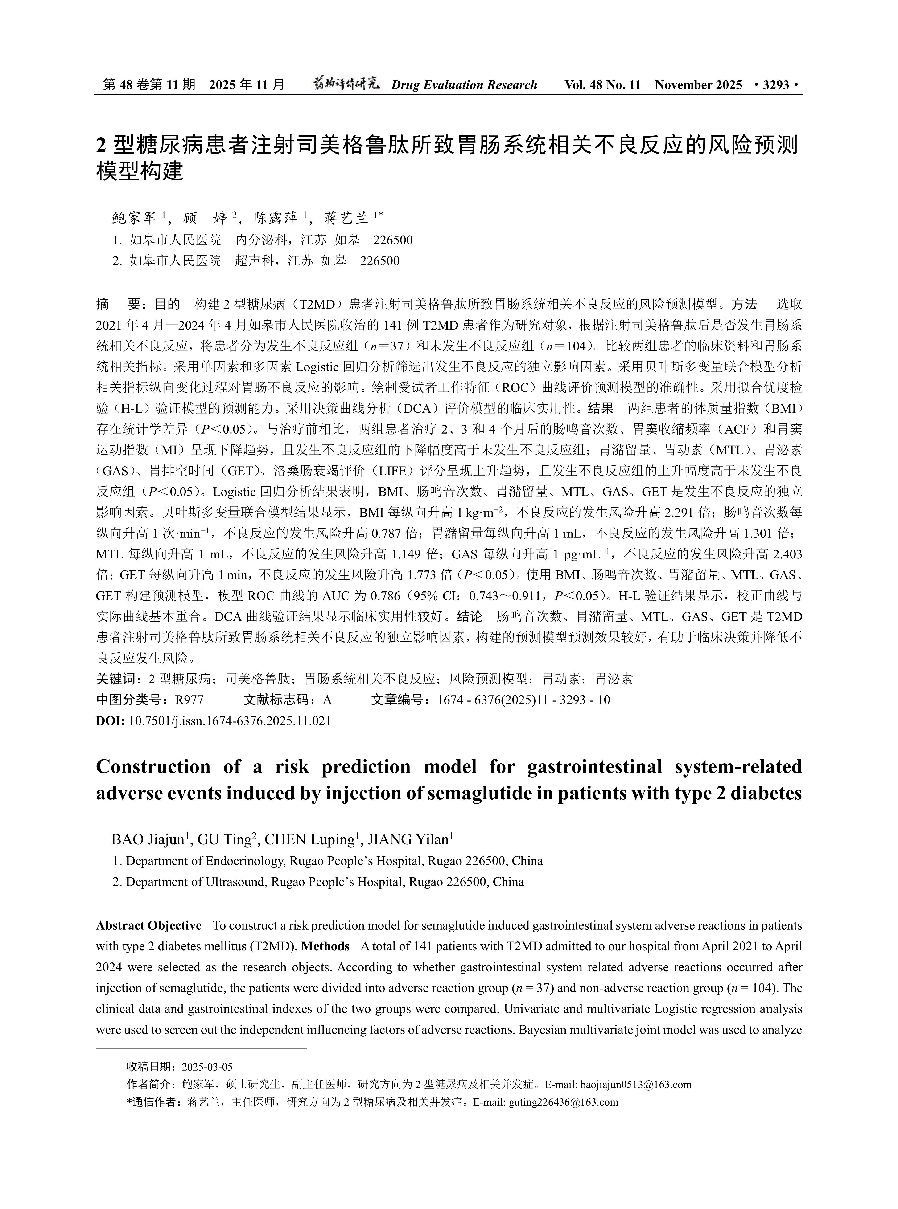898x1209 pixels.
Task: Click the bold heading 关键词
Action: tap(115, 679)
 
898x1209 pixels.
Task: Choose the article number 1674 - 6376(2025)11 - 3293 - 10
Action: tap(523, 700)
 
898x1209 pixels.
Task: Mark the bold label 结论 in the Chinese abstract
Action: tap(470, 617)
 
